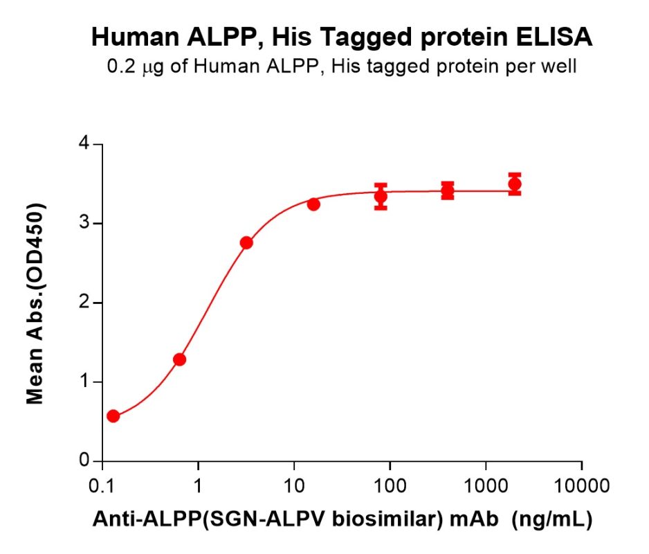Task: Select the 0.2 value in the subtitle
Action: click(120, 67)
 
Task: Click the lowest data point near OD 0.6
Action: click(113, 416)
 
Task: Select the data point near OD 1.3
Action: click(179, 359)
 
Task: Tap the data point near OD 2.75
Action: click(246, 242)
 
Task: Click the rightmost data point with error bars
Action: click(514, 184)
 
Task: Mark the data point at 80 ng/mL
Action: click(381, 197)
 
